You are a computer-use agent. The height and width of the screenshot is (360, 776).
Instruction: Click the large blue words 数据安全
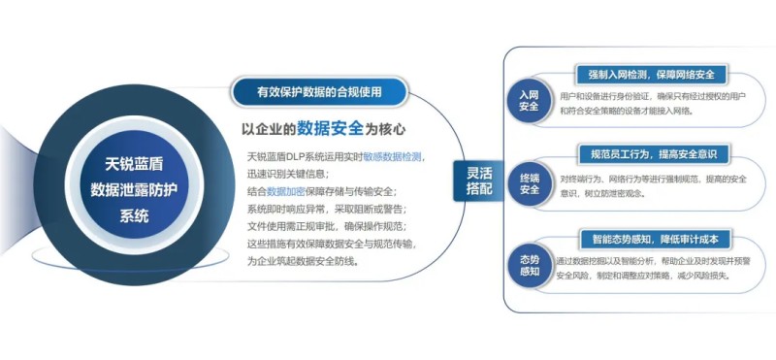click(x=331, y=127)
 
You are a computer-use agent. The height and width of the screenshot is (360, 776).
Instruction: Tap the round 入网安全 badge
click(x=529, y=100)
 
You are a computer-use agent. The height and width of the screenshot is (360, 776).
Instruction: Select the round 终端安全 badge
click(x=529, y=182)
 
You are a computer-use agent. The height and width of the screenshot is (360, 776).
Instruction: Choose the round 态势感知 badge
click(x=529, y=263)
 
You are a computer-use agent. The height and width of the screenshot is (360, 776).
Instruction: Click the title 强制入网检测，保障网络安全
click(x=651, y=75)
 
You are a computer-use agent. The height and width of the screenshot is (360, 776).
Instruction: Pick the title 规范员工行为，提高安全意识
click(x=651, y=155)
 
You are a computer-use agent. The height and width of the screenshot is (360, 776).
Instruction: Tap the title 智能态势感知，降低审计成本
click(x=651, y=239)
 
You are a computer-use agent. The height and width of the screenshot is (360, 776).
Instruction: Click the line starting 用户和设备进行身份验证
click(x=652, y=97)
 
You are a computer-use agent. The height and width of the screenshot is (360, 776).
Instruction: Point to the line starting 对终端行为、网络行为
click(x=652, y=179)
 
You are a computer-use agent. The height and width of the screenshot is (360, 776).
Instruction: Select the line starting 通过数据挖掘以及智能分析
click(x=652, y=261)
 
